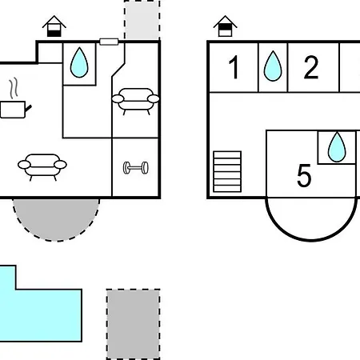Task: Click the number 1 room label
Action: click(x=234, y=67)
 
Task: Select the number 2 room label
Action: click(x=311, y=67)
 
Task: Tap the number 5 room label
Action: click(x=304, y=175)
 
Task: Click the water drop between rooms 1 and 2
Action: click(x=273, y=66)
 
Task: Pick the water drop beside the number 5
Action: click(x=337, y=147)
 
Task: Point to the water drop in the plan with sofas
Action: click(x=79, y=62)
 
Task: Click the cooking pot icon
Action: click(x=15, y=110)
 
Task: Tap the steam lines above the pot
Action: click(x=14, y=88)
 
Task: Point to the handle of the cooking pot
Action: click(x=28, y=108)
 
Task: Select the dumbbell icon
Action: click(x=136, y=168)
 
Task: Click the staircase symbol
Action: click(x=227, y=171)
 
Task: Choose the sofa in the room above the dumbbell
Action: click(x=135, y=102)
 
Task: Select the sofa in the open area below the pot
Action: click(x=42, y=167)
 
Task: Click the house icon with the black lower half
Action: click(x=54, y=26)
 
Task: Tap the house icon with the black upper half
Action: click(x=225, y=26)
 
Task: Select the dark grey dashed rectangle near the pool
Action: click(x=133, y=324)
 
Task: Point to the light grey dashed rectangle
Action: click(x=142, y=20)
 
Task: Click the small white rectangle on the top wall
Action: click(x=109, y=42)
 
